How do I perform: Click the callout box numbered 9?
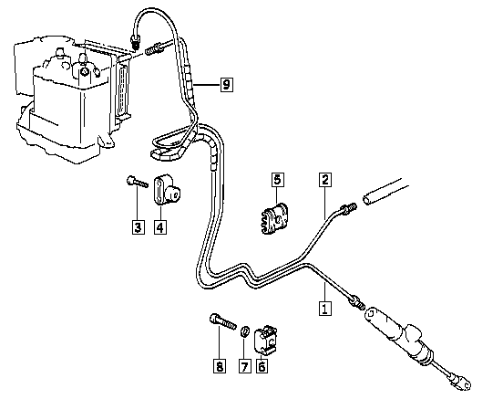[227, 85]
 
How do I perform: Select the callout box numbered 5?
[278, 179]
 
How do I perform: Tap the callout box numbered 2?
[325, 180]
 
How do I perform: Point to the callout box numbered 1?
[325, 308]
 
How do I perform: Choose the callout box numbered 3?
[139, 227]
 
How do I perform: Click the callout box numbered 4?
[160, 227]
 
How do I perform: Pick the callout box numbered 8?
[220, 366]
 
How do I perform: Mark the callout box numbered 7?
[245, 366]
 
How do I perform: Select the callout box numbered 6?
[262, 366]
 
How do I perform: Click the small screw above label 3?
[138, 182]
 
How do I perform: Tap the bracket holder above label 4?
[167, 190]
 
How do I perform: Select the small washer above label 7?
[245, 331]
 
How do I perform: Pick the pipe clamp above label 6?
[265, 341]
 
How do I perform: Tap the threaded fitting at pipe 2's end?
[349, 207]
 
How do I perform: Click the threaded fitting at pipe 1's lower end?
[357, 302]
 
